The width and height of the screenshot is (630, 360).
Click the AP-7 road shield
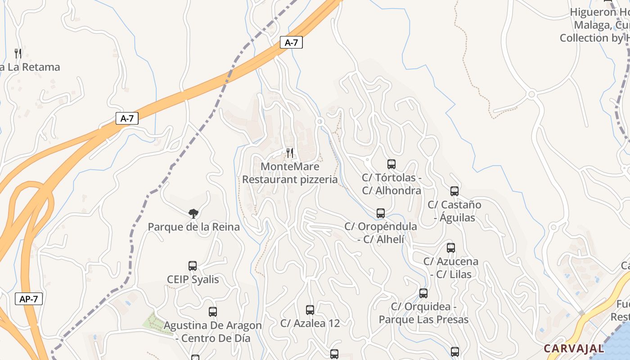[x=29, y=299]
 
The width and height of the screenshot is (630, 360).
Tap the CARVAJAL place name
[x=574, y=348]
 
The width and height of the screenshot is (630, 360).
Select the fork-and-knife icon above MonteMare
[x=290, y=153]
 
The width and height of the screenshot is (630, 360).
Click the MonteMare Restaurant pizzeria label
[x=290, y=173]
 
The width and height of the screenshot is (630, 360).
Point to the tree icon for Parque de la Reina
[x=193, y=213]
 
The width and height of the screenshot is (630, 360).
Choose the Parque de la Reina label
[x=193, y=227]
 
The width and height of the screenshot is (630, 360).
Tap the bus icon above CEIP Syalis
[x=193, y=266]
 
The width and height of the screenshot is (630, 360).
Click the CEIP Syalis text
[x=193, y=279]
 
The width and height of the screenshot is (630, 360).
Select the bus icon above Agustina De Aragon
[x=213, y=311]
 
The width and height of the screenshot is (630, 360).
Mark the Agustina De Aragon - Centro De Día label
[x=212, y=331]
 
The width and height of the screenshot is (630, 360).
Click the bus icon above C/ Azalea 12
[x=310, y=310]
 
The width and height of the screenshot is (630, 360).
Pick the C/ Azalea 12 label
[x=310, y=323]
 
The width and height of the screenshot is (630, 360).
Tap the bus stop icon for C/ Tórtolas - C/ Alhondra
[x=391, y=164]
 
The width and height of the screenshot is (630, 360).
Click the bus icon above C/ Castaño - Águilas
[x=454, y=191]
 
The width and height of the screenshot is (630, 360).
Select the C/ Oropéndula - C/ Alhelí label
[x=381, y=233]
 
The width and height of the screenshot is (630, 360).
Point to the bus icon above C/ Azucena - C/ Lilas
[x=451, y=247]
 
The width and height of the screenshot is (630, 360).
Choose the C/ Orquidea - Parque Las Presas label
[x=423, y=313]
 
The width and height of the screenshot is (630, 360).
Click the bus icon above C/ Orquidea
[x=423, y=293]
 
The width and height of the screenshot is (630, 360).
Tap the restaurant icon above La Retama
[x=18, y=54]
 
